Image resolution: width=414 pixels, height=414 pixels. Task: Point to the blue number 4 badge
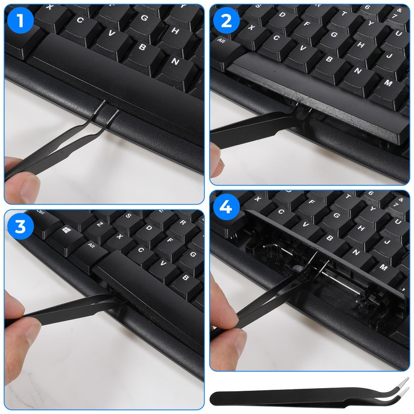point(226,206)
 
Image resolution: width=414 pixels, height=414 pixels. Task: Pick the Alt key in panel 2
point(223,40)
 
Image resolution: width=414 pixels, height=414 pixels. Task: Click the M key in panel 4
point(383,267)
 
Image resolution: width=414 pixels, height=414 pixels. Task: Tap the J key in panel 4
point(386,241)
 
